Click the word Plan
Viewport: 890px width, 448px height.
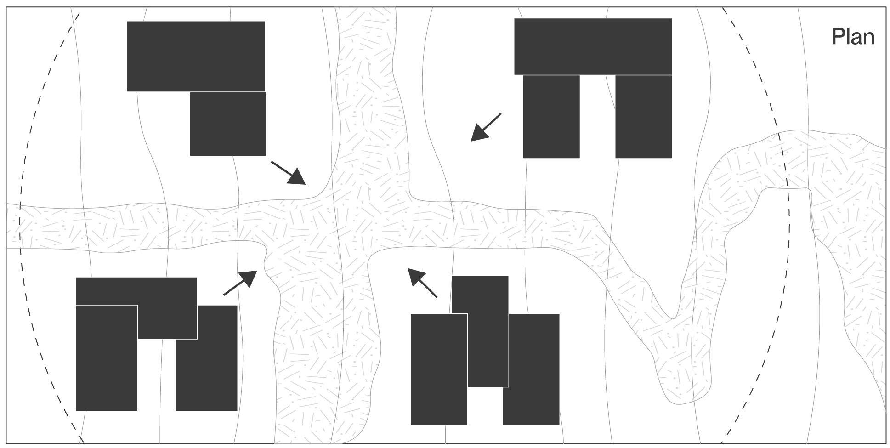853,37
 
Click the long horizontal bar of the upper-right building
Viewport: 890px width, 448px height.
593,46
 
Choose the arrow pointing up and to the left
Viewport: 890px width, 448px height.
422,283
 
